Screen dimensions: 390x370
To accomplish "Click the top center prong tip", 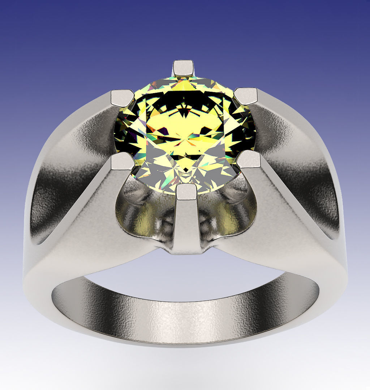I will tap(183, 68).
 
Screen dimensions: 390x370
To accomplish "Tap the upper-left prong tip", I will tap(122, 98).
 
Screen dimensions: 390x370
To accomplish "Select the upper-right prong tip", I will tap(246, 96).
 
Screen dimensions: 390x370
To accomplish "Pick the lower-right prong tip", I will tap(249, 159).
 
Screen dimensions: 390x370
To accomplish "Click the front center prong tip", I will tap(186, 192).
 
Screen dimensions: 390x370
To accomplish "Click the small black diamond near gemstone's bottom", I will tap(185, 169).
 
